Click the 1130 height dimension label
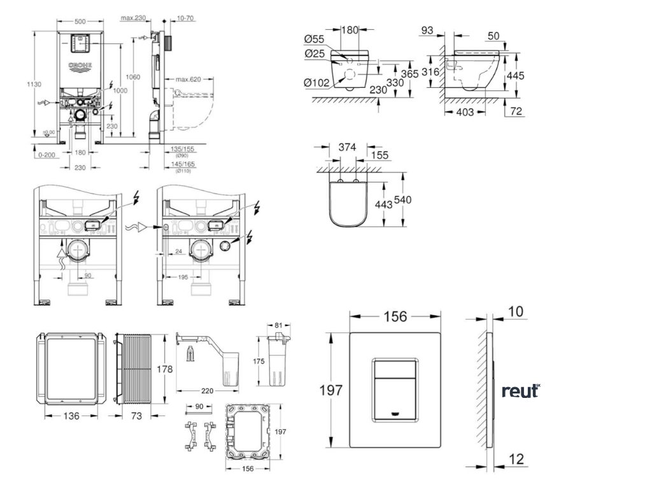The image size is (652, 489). [17, 83]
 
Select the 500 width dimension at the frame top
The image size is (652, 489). [80, 21]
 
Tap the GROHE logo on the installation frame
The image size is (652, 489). [80, 66]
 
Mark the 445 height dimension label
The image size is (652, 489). [516, 75]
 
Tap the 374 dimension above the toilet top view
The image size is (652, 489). [346, 147]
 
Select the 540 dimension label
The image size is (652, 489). [403, 199]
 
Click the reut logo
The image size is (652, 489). [520, 391]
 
